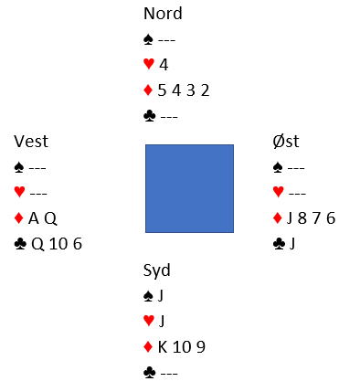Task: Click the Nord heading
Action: pos(163,14)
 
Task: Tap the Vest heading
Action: pos(31,142)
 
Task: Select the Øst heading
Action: pos(286,142)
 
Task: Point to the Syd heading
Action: pos(156,270)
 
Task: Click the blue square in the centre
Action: pos(189,188)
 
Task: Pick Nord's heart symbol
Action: pos(149,64)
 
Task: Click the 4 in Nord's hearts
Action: pos(164,65)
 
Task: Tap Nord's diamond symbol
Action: pos(148,90)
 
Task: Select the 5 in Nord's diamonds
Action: pos(162,90)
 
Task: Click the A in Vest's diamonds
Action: pos(34,218)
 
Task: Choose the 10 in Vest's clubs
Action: pos(58,244)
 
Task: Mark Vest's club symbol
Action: pos(20,244)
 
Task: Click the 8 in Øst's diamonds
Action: pos(302,218)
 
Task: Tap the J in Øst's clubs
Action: pos(292,244)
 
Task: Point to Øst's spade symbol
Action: pos(278,167)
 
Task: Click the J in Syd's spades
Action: pos(161,296)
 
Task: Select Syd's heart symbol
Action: pos(149,321)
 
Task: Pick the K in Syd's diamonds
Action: pos(163,347)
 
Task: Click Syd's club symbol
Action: pos(150,373)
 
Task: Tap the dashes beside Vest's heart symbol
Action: pos(38,194)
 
